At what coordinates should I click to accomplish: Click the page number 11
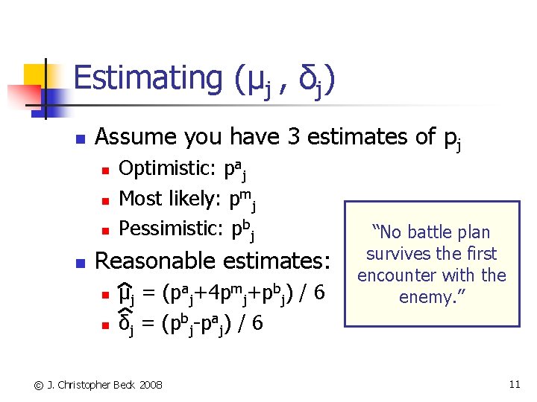514,384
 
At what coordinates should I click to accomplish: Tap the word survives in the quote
401,254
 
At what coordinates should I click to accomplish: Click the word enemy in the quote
429,296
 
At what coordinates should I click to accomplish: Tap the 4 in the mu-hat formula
214,293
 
